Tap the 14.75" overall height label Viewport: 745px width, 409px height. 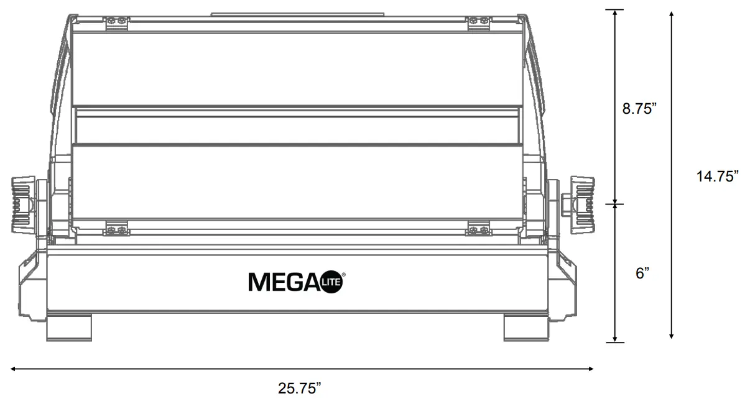pos(717,176)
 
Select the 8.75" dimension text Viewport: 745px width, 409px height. pos(640,109)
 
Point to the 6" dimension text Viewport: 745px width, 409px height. pos(642,273)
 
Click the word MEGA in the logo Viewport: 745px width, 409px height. pos(284,282)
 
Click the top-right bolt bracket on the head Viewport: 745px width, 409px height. pos(479,22)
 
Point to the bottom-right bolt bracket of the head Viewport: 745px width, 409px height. pos(478,229)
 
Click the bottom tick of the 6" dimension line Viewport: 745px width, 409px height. pos(615,342)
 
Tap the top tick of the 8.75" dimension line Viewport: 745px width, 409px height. pos(615,10)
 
